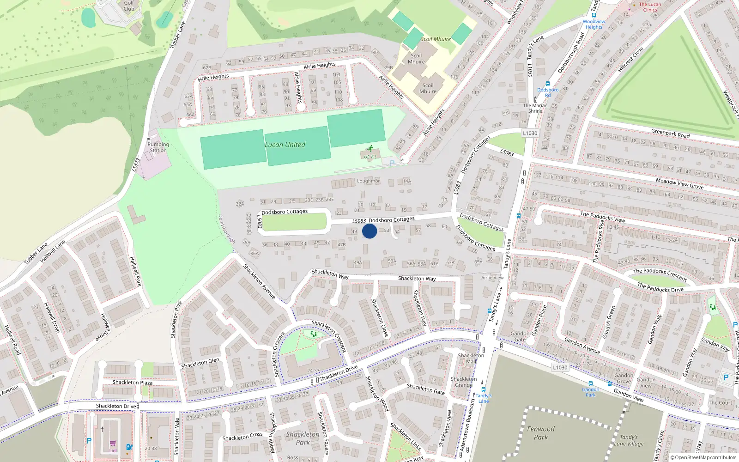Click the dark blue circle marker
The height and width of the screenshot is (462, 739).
[369, 231]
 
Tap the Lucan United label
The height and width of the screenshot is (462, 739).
[285, 145]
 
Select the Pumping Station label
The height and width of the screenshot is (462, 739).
[158, 147]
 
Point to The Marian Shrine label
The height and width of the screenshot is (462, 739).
[535, 108]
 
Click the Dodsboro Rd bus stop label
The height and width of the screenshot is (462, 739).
[548, 92]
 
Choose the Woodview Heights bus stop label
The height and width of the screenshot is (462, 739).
[594, 24]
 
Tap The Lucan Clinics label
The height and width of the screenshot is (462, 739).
[650, 7]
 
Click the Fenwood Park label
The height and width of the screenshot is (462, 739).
[541, 433]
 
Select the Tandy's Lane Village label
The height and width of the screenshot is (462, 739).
[629, 440]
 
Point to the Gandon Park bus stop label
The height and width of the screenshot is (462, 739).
[591, 392]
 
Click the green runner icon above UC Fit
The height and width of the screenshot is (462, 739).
[370, 148]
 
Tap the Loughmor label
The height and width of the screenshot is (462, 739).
[368, 181]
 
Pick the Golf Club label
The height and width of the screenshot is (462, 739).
[129, 6]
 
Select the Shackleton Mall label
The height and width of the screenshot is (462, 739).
[471, 359]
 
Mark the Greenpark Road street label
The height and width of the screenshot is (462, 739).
[670, 134]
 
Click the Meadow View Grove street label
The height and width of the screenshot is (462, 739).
[679, 183]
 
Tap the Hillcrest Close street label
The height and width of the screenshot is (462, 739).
[630, 60]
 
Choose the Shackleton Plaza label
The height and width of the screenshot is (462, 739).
[133, 383]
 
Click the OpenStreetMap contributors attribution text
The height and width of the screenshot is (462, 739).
[703, 458]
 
